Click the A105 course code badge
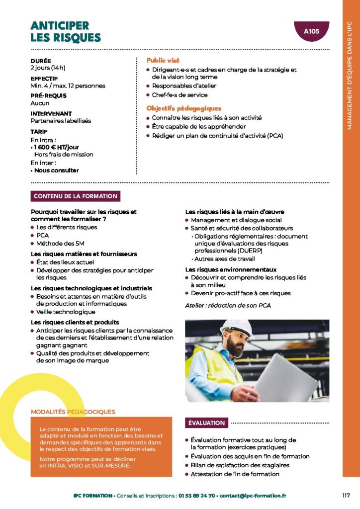(x=311, y=31)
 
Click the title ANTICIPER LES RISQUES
(x=66, y=32)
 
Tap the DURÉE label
(x=40, y=61)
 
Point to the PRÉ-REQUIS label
(x=48, y=95)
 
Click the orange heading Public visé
(x=163, y=60)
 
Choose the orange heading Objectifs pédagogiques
(x=184, y=108)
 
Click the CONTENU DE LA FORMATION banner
(x=76, y=196)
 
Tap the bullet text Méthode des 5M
(x=60, y=244)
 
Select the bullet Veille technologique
(x=66, y=312)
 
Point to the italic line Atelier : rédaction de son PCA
(x=228, y=305)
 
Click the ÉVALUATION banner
(x=206, y=423)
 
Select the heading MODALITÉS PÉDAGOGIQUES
(x=73, y=412)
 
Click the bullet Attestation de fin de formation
(x=235, y=474)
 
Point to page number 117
(x=347, y=495)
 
